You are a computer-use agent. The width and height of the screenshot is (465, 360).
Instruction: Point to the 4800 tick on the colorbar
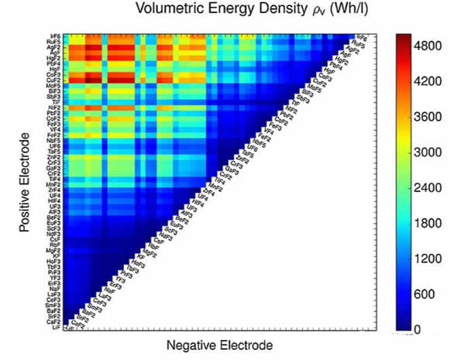[x=439, y=46]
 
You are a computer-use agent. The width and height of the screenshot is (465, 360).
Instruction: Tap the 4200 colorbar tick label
[x=439, y=81]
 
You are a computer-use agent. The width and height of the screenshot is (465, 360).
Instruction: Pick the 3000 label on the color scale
[x=439, y=153]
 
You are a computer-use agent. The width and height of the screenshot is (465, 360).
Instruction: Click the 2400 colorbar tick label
[x=439, y=187]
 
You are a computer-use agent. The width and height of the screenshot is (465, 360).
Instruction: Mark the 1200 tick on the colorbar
[x=439, y=259]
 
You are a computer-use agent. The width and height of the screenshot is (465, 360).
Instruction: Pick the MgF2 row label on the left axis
[x=55, y=251]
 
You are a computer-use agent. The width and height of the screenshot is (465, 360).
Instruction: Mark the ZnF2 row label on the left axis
[x=55, y=157]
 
